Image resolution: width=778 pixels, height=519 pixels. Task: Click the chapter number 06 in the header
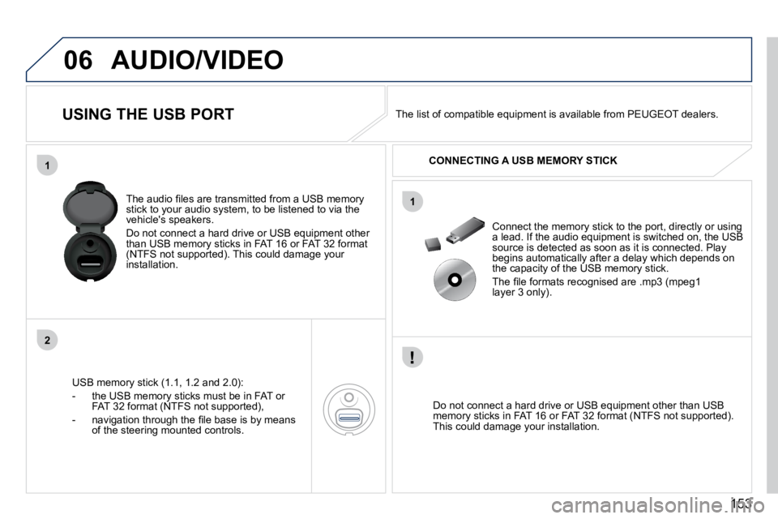coord(78,60)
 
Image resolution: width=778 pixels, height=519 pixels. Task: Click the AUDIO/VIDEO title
coord(198,60)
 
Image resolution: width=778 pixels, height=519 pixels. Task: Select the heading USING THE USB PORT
coord(147,114)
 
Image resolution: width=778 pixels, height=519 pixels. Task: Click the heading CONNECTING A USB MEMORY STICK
coord(523,161)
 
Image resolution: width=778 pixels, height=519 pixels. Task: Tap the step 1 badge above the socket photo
coord(47,165)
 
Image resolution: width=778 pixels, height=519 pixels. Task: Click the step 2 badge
coord(47,341)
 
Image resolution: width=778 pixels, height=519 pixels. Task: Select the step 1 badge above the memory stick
coord(413,202)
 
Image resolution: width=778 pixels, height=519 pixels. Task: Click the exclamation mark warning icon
coord(413,357)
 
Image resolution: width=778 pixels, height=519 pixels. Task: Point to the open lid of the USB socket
coord(90,204)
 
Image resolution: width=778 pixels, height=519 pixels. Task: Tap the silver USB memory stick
coord(465,230)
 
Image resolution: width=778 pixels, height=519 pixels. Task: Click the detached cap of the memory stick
coord(433,244)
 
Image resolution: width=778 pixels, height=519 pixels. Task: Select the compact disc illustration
coord(455,280)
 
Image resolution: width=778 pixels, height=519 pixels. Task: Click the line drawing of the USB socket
coord(349,410)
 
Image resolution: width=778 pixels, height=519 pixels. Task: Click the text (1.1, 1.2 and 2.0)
coord(202,383)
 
